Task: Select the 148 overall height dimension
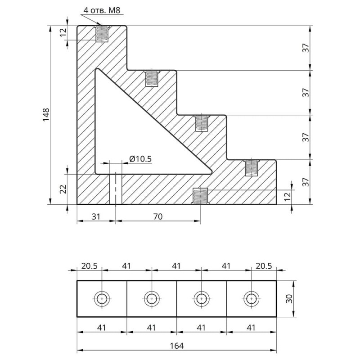[x=53, y=115]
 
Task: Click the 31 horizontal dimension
[x=96, y=216]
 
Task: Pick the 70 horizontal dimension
[x=157, y=216]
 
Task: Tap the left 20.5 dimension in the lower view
[x=89, y=266]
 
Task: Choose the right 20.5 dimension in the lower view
[x=264, y=266]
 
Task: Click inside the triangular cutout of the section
[x=130, y=135]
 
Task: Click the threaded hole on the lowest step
[x=251, y=168]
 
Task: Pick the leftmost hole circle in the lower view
[x=103, y=298]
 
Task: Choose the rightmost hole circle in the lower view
[x=251, y=298]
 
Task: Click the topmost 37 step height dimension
[x=306, y=48]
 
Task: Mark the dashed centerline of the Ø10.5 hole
[x=116, y=188]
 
